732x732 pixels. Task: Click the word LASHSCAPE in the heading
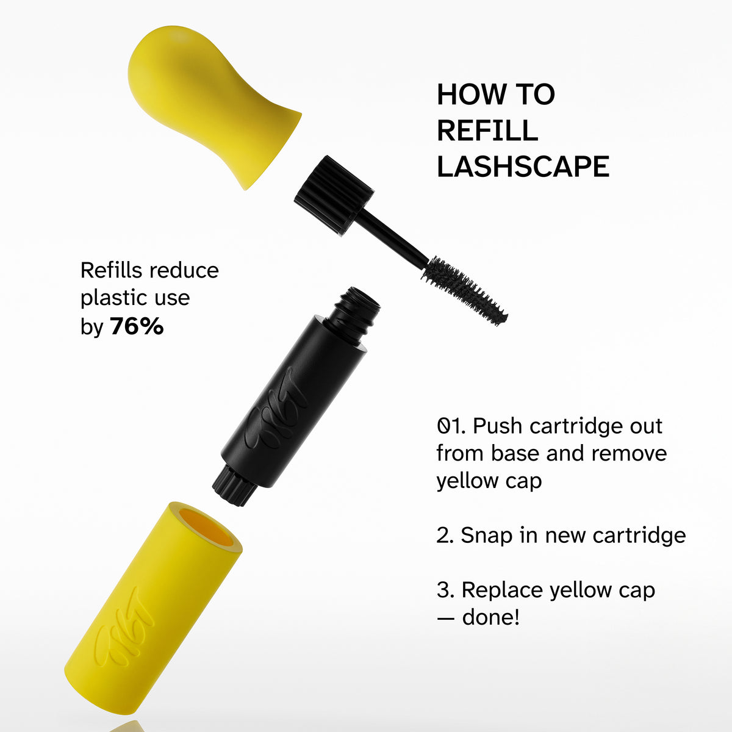tap(523, 167)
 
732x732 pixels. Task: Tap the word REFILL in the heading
tap(487, 131)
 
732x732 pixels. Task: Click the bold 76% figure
tap(137, 326)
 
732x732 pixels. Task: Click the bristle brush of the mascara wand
tap(464, 290)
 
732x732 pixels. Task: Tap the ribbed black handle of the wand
tap(333, 195)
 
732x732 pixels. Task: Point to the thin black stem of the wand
tap(393, 235)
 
